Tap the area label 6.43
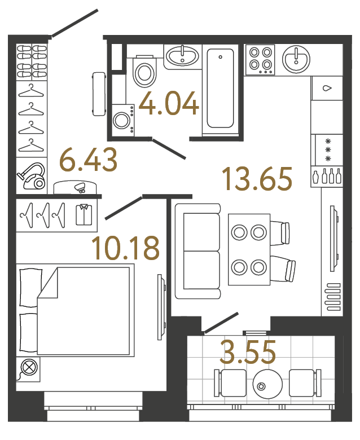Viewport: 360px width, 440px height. tap(89, 160)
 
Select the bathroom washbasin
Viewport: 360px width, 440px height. tap(182, 56)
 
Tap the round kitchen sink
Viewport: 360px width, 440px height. tap(295, 58)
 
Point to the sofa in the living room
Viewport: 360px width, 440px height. tap(197, 251)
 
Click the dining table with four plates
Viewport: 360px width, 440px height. tap(249, 249)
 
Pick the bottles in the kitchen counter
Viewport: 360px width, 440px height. tap(327, 175)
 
